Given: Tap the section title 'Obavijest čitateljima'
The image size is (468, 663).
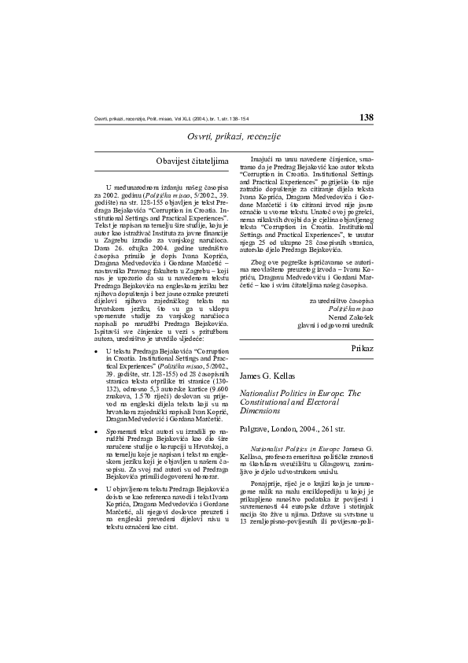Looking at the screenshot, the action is pyautogui.click(x=193, y=161).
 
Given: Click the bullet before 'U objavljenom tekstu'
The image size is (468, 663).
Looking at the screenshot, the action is pyautogui.click(x=96, y=489).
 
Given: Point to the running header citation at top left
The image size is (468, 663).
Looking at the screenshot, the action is pyautogui.click(x=171, y=119).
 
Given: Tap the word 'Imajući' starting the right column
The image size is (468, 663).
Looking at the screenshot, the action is pyautogui.click(x=263, y=160).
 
